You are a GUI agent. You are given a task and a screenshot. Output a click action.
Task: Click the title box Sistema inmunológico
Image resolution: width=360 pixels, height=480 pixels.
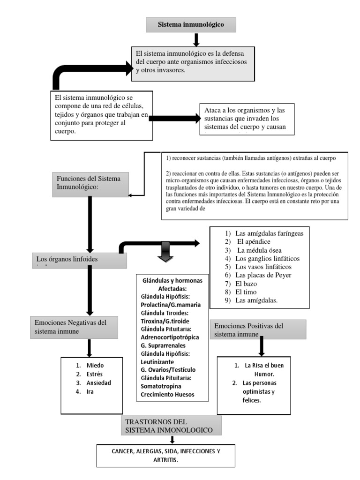[x=191, y=24]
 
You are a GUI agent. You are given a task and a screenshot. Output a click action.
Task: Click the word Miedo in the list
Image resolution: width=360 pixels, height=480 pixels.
[x=95, y=365]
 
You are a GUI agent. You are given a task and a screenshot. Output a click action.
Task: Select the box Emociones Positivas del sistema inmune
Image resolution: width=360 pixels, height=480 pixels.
[x=259, y=330]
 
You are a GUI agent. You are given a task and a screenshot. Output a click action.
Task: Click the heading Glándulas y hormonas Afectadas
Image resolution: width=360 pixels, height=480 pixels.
[x=172, y=285]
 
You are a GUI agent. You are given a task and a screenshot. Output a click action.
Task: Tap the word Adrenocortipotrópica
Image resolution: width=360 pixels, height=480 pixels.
[x=170, y=337]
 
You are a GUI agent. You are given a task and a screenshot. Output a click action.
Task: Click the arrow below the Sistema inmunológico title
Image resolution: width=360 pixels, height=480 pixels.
[x=196, y=40]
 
